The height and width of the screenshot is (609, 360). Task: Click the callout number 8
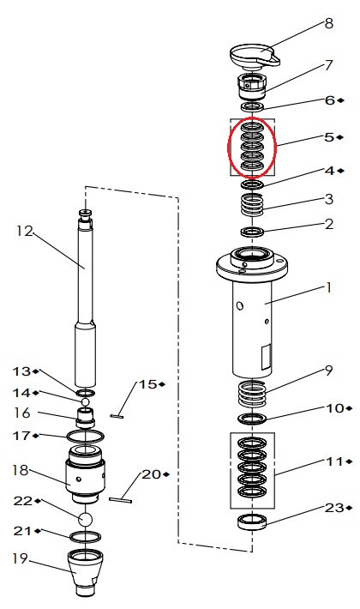[x=328, y=23]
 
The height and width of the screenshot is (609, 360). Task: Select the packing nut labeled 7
[x=252, y=87]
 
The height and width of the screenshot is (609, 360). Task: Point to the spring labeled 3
[x=253, y=205]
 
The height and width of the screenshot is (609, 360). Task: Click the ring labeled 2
[x=253, y=232]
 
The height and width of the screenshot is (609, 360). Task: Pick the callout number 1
[x=329, y=288]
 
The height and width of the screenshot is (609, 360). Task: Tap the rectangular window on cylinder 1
[x=266, y=357]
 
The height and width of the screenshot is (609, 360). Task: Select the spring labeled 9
[x=253, y=394]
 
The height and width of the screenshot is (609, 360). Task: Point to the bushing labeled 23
[x=252, y=522]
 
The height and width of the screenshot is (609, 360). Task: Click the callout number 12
[x=25, y=231]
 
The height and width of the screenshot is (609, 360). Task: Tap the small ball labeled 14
[x=85, y=401]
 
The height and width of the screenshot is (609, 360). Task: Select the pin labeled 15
[x=117, y=416]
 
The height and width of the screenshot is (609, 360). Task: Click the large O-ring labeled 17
[x=86, y=437]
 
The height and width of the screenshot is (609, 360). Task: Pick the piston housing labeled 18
[x=85, y=474]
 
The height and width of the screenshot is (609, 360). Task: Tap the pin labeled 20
[x=120, y=500]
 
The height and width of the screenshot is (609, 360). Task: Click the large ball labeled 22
[x=86, y=519]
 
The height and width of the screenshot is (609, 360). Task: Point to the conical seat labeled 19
[x=85, y=573]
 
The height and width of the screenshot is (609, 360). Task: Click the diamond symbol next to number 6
[x=340, y=100]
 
